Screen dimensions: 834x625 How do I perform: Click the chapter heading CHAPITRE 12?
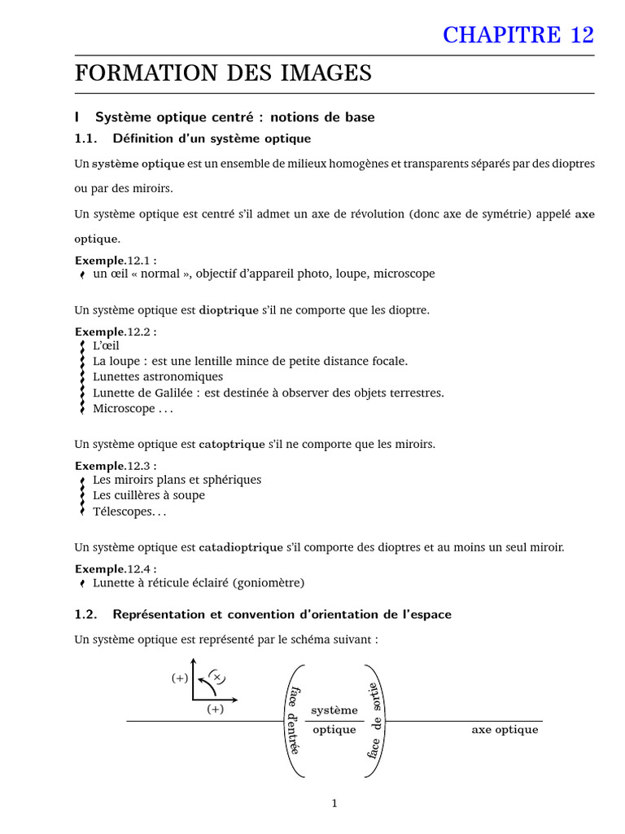(x=518, y=34)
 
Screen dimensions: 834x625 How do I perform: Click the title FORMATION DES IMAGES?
(x=223, y=73)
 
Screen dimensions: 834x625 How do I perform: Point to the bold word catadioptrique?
(x=241, y=547)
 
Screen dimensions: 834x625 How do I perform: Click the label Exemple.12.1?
(x=116, y=260)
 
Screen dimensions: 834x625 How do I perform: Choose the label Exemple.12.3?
(x=116, y=466)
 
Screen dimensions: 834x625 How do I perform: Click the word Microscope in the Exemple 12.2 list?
(x=124, y=409)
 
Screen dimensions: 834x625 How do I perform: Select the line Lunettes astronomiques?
(x=158, y=377)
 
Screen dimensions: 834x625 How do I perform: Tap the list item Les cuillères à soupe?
(x=149, y=495)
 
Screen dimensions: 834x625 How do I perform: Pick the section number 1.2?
(x=85, y=614)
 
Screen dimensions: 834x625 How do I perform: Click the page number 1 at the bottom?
(x=334, y=803)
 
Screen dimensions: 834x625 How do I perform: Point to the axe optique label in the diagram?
(x=505, y=730)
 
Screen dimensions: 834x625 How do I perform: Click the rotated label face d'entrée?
(x=293, y=721)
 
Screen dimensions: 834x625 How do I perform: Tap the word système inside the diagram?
(x=334, y=710)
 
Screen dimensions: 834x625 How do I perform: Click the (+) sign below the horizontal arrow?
(x=215, y=709)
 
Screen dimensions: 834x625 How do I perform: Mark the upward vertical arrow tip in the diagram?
(x=193, y=660)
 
